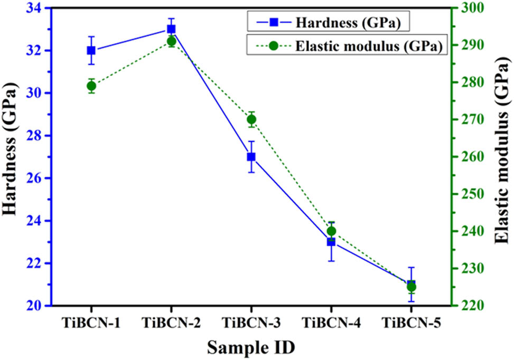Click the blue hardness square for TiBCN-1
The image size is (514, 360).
pyautogui.click(x=91, y=51)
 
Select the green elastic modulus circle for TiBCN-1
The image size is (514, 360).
pyautogui.click(x=91, y=86)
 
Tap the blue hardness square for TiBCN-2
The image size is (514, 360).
pyautogui.click(x=171, y=29)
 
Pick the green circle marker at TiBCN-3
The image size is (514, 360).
pyautogui.click(x=251, y=119)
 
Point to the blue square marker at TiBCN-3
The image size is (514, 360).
pyautogui.click(x=251, y=157)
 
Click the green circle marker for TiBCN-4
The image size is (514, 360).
pyautogui.click(x=331, y=231)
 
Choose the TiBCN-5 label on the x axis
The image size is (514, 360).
pyautogui.click(x=411, y=323)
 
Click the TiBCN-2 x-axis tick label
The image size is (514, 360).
pyautogui.click(x=171, y=323)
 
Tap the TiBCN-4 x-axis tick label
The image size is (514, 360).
pyautogui.click(x=331, y=323)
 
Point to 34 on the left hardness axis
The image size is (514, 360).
pyautogui.click(x=38, y=8)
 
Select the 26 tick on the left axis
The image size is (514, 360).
pyautogui.click(x=38, y=178)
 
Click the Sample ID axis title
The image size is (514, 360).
pyautogui.click(x=251, y=347)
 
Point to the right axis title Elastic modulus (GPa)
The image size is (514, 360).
pyautogui.click(x=502, y=157)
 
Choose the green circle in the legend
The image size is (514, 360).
pyautogui.click(x=273, y=45)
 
